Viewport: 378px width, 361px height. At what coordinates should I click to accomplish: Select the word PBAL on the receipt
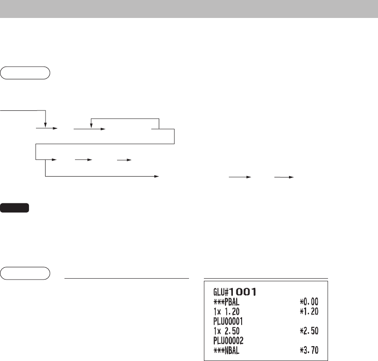pyautogui.click(x=232, y=302)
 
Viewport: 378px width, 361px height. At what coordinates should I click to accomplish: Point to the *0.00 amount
pyautogui.click(x=309, y=301)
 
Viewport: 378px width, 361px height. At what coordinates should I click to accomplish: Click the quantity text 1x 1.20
pyautogui.click(x=226, y=311)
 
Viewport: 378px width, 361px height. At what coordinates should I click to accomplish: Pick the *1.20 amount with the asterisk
pyautogui.click(x=309, y=311)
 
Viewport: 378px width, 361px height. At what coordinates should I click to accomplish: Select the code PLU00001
pyautogui.click(x=228, y=321)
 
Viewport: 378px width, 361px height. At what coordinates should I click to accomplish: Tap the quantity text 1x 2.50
pyautogui.click(x=226, y=331)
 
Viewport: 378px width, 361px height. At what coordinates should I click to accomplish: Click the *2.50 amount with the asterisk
pyautogui.click(x=309, y=331)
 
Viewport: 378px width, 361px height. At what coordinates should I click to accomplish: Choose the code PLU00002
pyautogui.click(x=228, y=340)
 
